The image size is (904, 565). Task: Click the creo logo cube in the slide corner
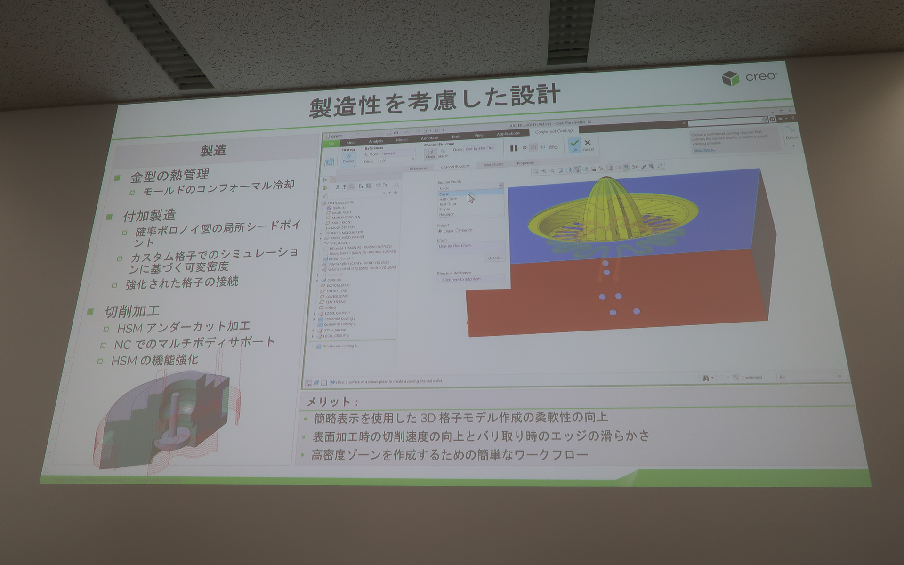tap(730, 78)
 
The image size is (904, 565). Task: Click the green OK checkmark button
tap(574, 144)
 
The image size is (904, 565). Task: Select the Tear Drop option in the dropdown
tap(447, 204)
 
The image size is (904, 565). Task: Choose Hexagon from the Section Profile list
tap(446, 214)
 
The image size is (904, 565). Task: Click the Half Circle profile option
tap(448, 199)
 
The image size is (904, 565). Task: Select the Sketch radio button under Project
tap(458, 230)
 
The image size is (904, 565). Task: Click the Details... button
tap(495, 258)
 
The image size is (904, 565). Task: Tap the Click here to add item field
tap(461, 279)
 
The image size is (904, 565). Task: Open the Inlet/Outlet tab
tap(493, 164)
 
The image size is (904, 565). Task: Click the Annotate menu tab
tap(429, 138)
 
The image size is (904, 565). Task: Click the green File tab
tap(331, 144)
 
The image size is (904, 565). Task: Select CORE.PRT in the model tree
tap(334, 280)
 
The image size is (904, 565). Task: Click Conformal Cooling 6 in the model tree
tap(340, 346)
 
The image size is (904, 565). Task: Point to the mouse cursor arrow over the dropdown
tap(470, 198)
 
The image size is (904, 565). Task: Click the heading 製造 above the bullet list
tap(213, 151)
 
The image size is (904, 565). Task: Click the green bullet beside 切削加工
tap(90, 312)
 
